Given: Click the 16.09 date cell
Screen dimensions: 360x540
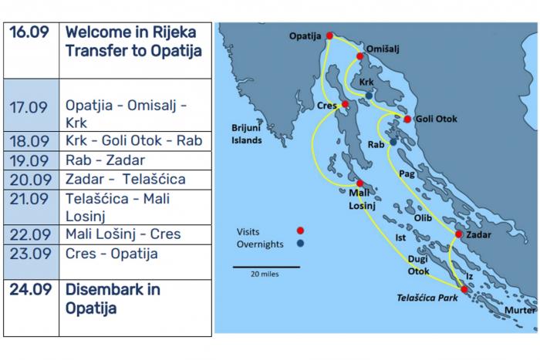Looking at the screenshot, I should coord(30,32).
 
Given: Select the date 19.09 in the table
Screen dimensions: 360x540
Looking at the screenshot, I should coord(30,160).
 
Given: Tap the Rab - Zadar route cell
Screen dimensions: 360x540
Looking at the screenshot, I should coord(134,160).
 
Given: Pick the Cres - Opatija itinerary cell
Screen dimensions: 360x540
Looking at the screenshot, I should coord(134,254).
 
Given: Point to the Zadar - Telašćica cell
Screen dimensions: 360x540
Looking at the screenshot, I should coord(134,180).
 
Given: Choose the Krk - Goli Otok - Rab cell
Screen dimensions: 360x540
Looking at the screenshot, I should coord(134,141).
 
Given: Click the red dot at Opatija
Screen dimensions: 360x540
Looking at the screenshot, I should coord(330,35).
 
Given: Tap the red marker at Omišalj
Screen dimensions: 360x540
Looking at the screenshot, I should coord(360,56).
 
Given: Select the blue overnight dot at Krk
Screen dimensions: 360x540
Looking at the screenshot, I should coord(370,96).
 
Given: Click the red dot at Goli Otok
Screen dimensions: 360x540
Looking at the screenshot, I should coord(407,119).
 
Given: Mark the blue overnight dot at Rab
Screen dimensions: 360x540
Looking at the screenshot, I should coord(393,142).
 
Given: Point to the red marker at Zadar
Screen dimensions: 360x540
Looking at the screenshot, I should coord(459,234).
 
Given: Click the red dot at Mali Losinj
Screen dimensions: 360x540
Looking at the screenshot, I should coord(360,183).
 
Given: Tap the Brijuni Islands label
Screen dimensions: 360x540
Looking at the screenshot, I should coord(246,134).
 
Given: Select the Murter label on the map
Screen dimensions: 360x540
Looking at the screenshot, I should coord(520,310).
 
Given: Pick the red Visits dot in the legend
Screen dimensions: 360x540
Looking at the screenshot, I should coord(300,230).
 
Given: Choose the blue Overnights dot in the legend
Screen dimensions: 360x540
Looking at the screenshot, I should coord(300,244).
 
